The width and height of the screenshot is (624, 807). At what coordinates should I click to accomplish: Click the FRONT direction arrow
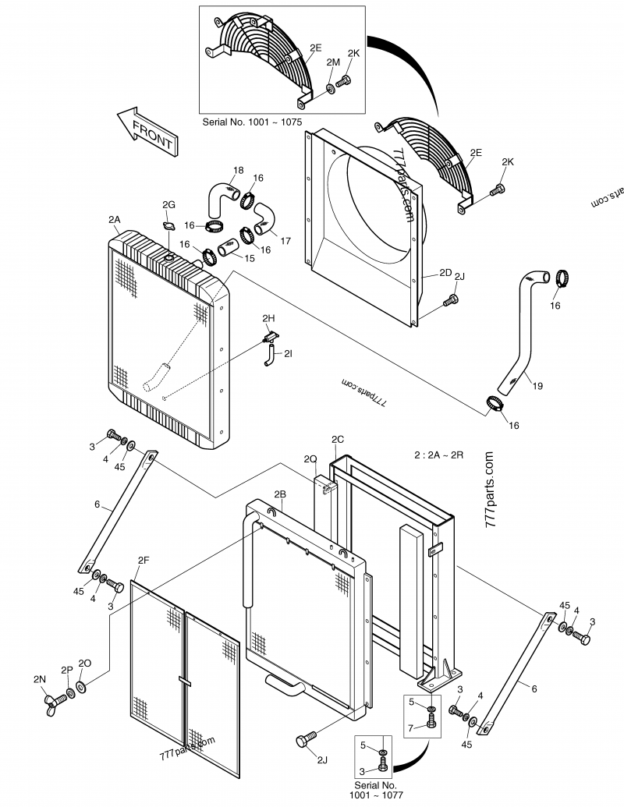[x=147, y=132]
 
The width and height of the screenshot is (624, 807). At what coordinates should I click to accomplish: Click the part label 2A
[x=115, y=219]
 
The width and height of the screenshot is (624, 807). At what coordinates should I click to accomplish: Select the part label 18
[x=238, y=170]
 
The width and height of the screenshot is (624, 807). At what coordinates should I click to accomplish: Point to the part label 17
[x=285, y=240]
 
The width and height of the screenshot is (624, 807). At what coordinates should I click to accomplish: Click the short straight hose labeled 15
[x=228, y=249]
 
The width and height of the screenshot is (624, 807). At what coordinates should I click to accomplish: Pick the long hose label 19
[x=537, y=385]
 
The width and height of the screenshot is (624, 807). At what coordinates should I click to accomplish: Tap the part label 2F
[x=144, y=560]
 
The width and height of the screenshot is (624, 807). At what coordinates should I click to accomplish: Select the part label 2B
[x=279, y=494]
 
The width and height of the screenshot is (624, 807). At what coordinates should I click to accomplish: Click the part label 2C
[x=338, y=440]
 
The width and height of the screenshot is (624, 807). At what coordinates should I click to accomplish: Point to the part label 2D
[x=445, y=272]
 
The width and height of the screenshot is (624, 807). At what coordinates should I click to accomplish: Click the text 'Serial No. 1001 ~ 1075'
[x=252, y=122]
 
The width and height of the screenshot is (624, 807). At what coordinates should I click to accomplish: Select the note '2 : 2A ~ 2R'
[x=439, y=455]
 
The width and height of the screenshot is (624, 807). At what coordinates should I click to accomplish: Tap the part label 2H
[x=268, y=318]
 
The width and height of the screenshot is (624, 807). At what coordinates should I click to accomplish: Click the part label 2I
[x=288, y=353]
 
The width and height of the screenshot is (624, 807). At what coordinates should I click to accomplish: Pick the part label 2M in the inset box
[x=333, y=62]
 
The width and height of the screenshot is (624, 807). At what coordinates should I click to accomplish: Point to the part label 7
[x=410, y=728]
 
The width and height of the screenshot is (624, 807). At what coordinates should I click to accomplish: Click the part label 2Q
[x=310, y=458]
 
